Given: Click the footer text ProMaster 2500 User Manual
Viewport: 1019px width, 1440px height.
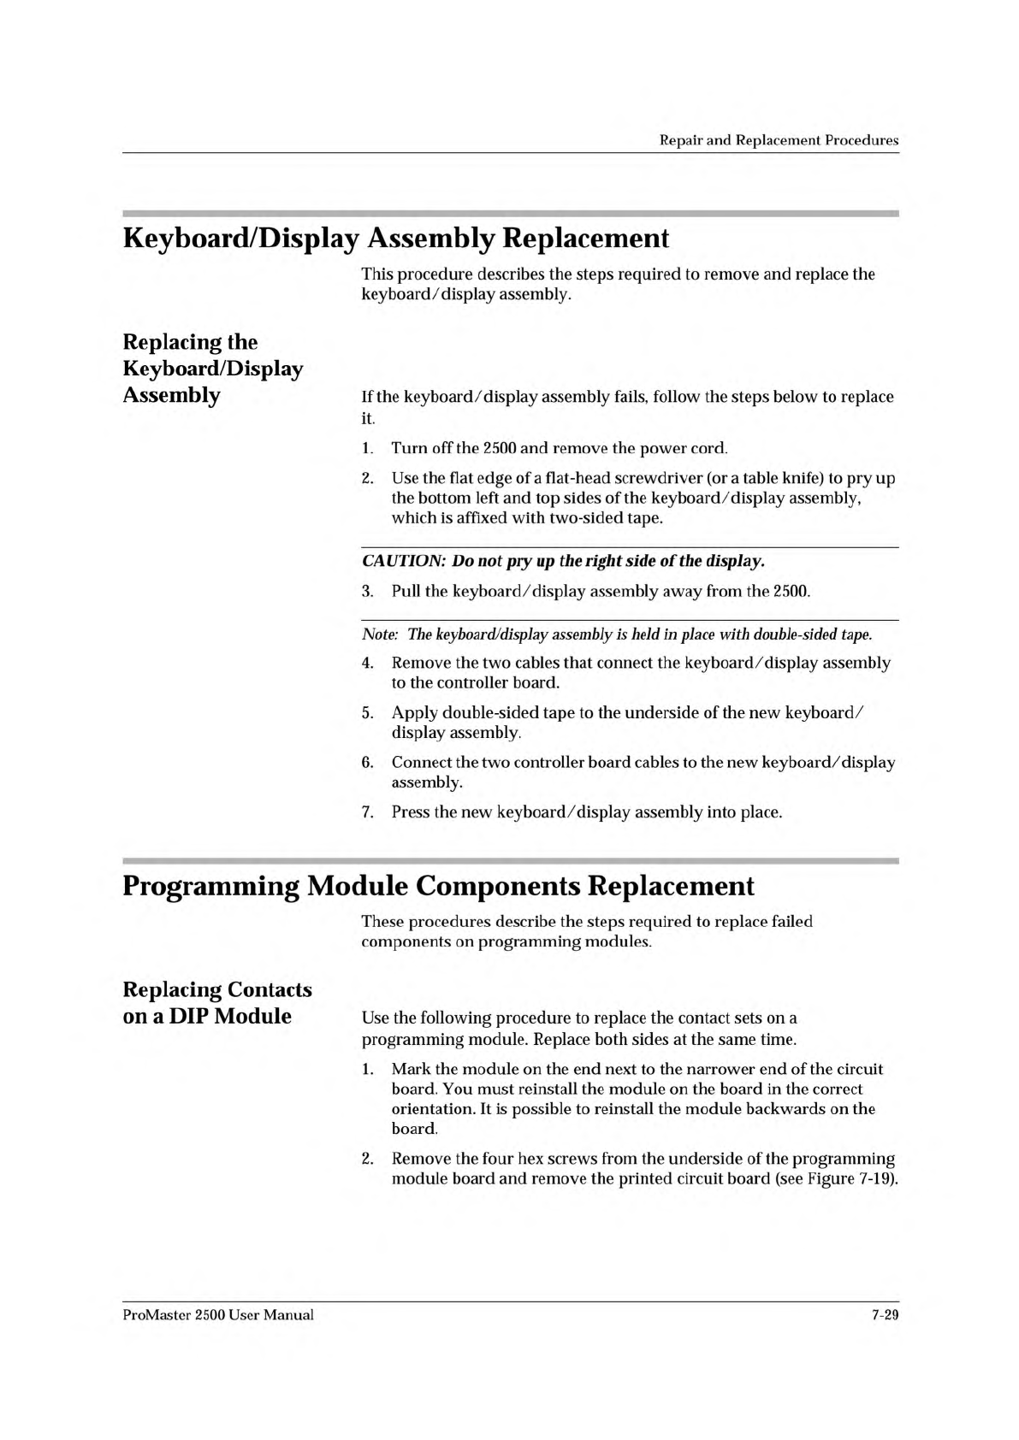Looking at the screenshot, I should pyautogui.click(x=218, y=1315).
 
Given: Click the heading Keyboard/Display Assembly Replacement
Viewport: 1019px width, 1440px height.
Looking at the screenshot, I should pyautogui.click(x=395, y=238).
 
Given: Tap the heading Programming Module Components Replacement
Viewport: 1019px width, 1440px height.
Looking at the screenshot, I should pyautogui.click(x=438, y=885).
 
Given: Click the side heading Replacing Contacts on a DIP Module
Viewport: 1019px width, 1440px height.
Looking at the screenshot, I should pyautogui.click(x=217, y=1002).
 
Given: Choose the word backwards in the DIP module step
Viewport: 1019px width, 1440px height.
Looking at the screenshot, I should pyautogui.click(x=773, y=1109).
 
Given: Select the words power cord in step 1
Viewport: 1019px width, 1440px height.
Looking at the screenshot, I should pyautogui.click(x=684, y=448).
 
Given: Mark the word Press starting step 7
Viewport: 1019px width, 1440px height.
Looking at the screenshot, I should pyautogui.click(x=411, y=811).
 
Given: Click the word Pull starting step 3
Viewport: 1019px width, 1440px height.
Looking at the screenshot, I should pyautogui.click(x=406, y=591).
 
